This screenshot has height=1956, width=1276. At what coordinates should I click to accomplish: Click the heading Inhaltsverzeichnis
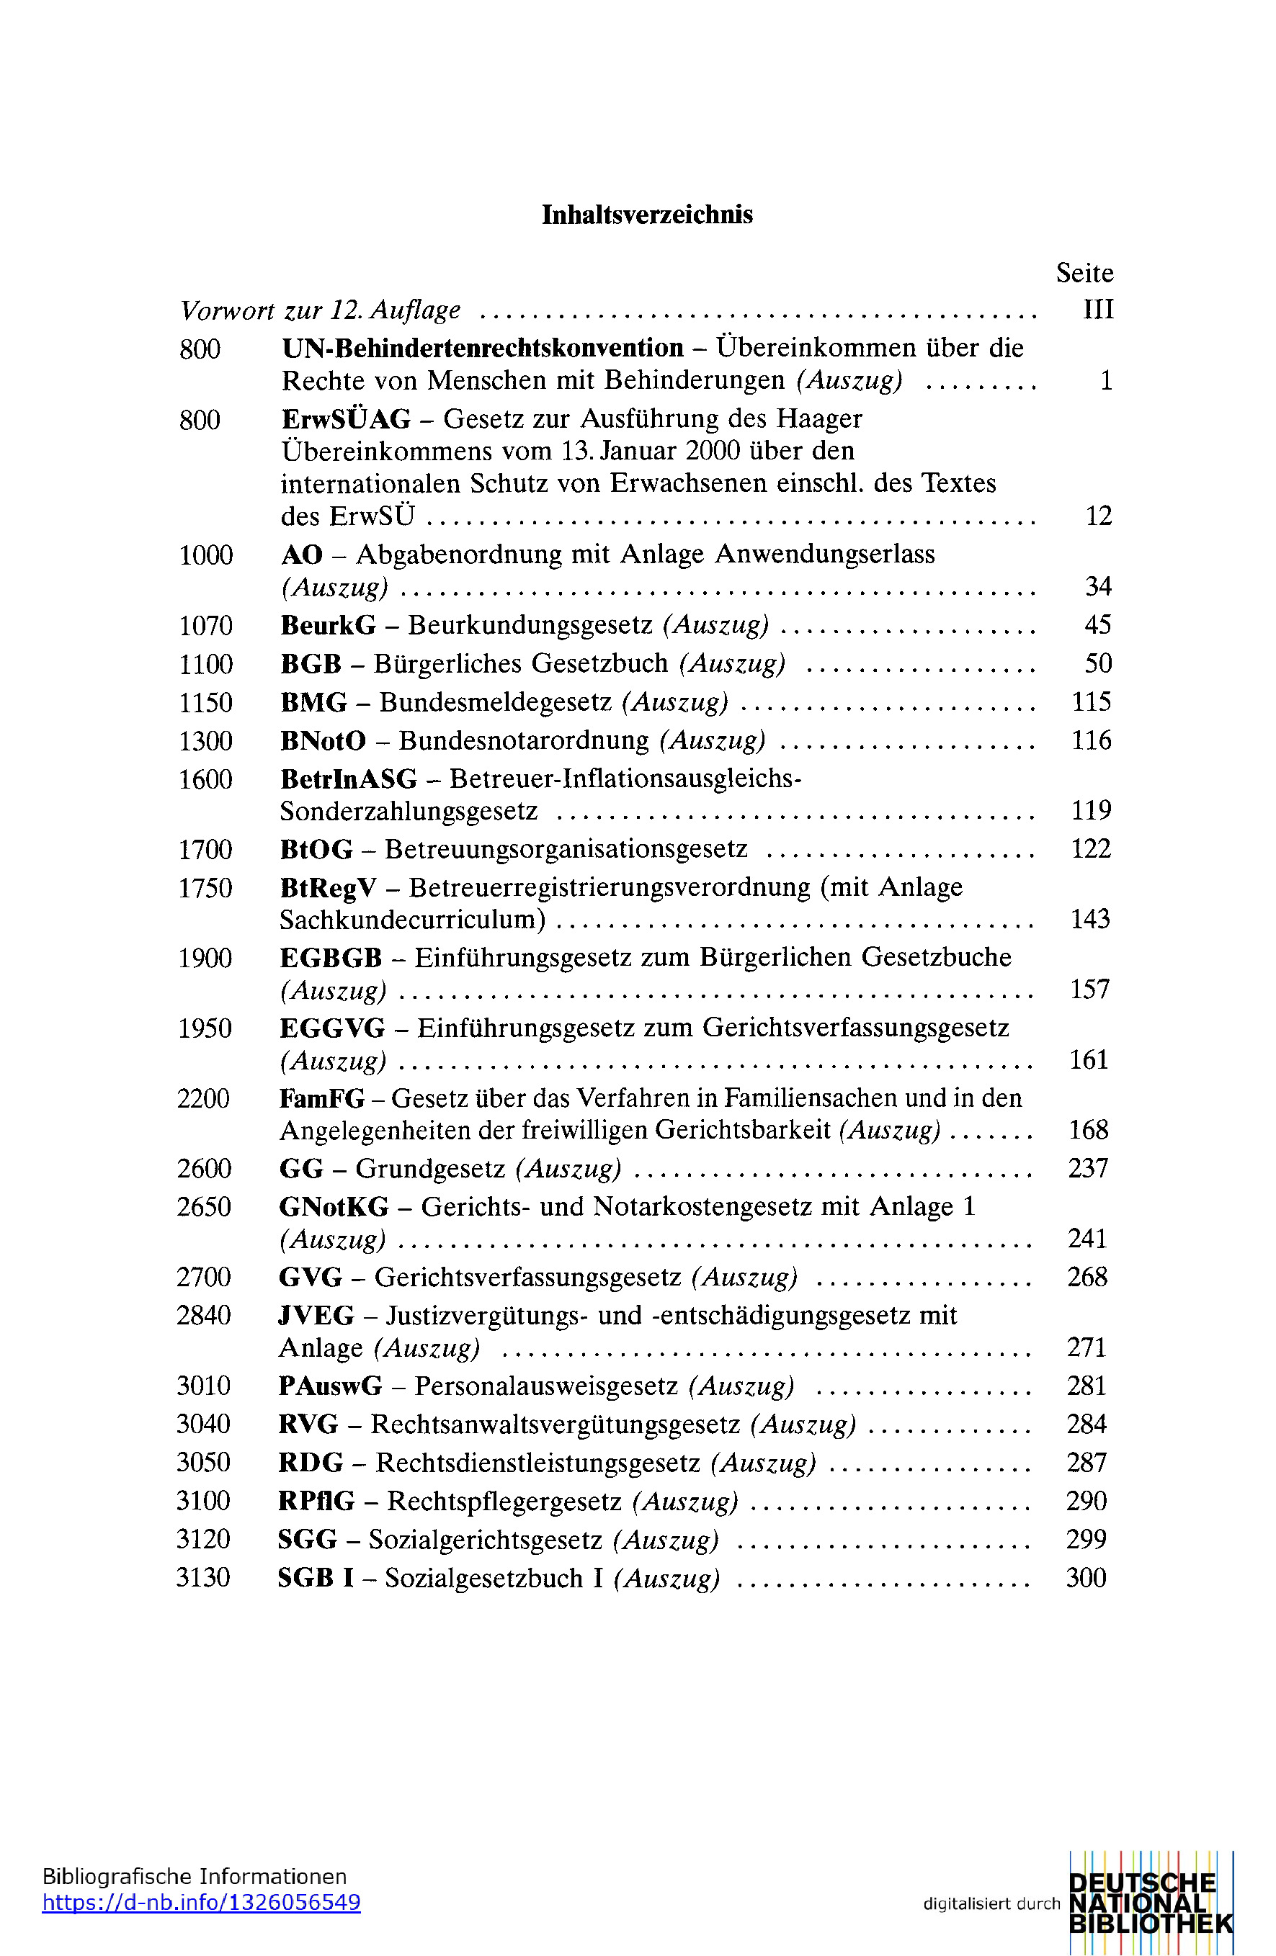click(x=647, y=215)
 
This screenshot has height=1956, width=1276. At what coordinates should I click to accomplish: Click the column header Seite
click(x=1084, y=273)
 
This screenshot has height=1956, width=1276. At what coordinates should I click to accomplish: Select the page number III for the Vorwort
click(x=1099, y=310)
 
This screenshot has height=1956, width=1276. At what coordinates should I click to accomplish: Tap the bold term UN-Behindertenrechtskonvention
click(x=483, y=349)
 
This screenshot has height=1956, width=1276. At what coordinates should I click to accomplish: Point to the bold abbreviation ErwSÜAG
click(x=345, y=419)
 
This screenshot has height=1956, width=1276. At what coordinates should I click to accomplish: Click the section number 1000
click(x=205, y=555)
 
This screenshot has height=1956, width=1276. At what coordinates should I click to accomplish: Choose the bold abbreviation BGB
click(x=311, y=663)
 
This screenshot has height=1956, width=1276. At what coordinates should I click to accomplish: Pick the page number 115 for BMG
click(x=1091, y=702)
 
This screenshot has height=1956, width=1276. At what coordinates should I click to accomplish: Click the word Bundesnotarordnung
click(x=524, y=740)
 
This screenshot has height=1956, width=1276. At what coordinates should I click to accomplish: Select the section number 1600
click(x=205, y=779)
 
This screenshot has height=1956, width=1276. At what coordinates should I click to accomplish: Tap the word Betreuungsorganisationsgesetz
click(x=566, y=849)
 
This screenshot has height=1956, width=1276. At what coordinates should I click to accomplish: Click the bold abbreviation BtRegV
click(x=328, y=887)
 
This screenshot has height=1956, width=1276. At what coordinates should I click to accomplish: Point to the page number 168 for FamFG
click(x=1088, y=1130)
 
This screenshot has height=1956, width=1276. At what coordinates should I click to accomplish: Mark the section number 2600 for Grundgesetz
click(x=204, y=1169)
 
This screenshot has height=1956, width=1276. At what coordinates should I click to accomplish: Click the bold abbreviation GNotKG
click(x=333, y=1206)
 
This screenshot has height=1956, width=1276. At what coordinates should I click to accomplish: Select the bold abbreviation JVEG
click(x=316, y=1316)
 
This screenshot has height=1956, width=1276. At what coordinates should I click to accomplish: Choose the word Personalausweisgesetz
click(x=546, y=1386)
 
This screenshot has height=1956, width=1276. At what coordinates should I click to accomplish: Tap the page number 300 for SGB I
click(x=1085, y=1578)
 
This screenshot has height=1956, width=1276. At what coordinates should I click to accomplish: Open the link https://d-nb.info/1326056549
click(x=202, y=1903)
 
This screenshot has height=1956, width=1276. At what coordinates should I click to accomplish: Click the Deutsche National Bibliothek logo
click(x=1150, y=1903)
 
